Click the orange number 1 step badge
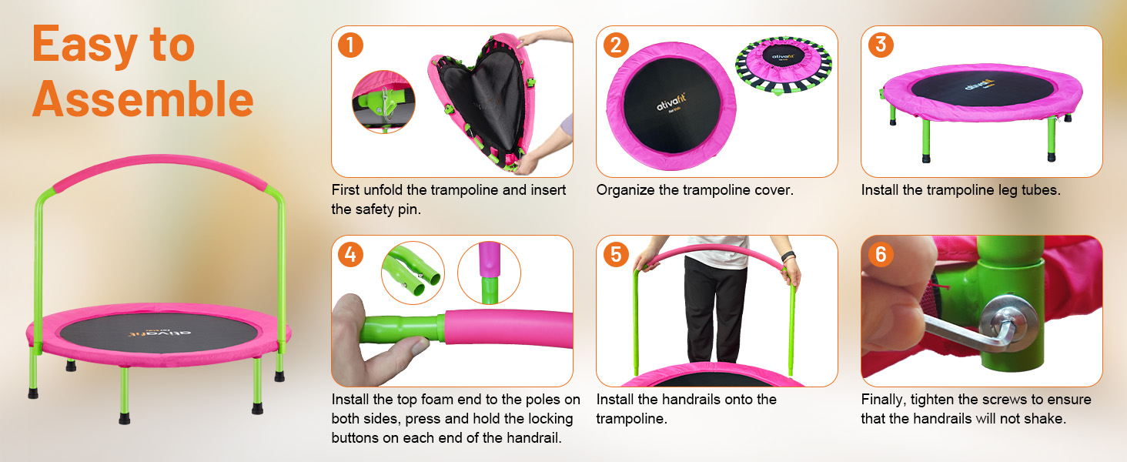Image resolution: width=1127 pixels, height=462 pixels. (350, 45)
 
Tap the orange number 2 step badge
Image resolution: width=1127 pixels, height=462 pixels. (616, 45)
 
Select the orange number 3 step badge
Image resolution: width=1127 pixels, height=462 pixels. (881, 45)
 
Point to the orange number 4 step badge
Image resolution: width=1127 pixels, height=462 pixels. (350, 255)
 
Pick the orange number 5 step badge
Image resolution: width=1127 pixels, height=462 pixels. (616, 255)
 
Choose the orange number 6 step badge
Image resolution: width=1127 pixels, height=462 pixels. (881, 255)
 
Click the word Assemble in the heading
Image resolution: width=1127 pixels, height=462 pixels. (143, 99)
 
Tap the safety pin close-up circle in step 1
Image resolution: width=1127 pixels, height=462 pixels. (383, 102)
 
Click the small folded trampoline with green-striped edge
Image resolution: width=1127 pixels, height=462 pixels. (784, 65)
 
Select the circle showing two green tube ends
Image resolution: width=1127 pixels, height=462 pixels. (413, 273)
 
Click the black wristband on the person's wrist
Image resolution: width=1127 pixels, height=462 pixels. (788, 256)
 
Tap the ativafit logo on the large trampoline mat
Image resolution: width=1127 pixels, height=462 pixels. (159, 333)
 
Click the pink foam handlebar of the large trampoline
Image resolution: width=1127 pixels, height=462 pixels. (159, 168)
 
